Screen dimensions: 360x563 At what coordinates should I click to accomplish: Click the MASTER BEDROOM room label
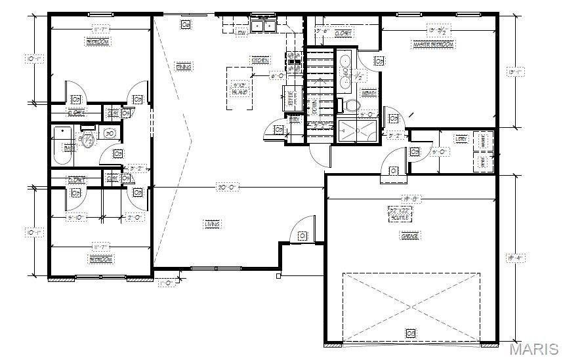(432, 44)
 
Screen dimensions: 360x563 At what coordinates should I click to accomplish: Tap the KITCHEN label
(260, 60)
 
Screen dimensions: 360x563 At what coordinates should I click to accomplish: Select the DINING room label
(184, 66)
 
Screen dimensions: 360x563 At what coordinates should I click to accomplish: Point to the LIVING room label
(212, 224)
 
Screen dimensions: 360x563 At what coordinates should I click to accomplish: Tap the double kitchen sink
(264, 26)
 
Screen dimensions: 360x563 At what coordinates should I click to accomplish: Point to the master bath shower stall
(358, 130)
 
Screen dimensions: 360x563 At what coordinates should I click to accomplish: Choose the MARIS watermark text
(534, 348)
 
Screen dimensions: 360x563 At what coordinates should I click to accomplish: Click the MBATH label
(369, 93)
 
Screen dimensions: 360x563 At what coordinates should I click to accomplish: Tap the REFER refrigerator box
(291, 98)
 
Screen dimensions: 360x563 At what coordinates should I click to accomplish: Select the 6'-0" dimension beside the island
(278, 76)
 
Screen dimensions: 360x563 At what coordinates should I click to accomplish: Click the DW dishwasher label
(241, 31)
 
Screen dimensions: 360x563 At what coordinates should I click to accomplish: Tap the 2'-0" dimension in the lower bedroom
(135, 218)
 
